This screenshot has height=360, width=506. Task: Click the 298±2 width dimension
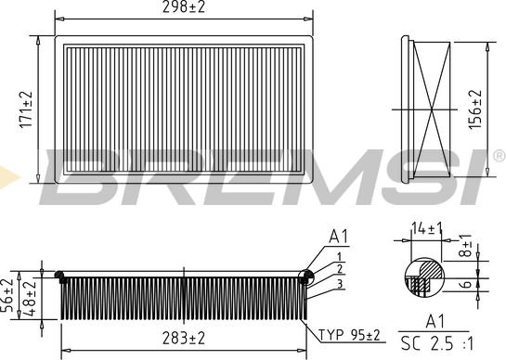[x=184, y=7]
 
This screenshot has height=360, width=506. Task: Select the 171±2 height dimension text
[x=27, y=109]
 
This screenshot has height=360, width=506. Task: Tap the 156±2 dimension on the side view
[x=475, y=109]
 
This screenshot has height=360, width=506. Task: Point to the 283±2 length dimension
[x=184, y=339]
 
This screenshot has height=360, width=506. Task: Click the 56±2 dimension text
[x=7, y=295]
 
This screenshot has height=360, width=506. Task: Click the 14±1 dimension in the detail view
[x=426, y=228]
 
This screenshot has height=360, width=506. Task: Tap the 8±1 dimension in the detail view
[x=465, y=245]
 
